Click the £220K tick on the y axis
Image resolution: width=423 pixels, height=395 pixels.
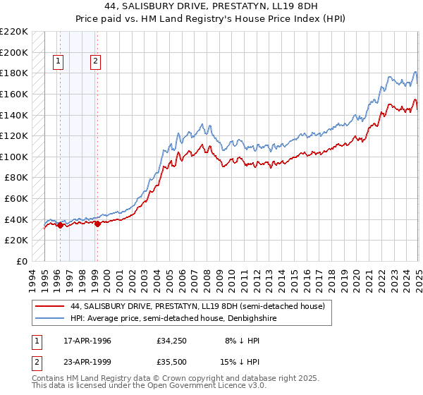14,32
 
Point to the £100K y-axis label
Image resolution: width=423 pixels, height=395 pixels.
14,157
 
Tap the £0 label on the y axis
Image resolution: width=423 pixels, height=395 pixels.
23,261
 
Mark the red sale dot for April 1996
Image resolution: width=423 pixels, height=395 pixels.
60,226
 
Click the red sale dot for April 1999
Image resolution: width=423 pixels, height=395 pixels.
97,224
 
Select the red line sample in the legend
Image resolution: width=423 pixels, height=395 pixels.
49,307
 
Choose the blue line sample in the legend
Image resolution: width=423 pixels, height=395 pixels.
49,318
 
